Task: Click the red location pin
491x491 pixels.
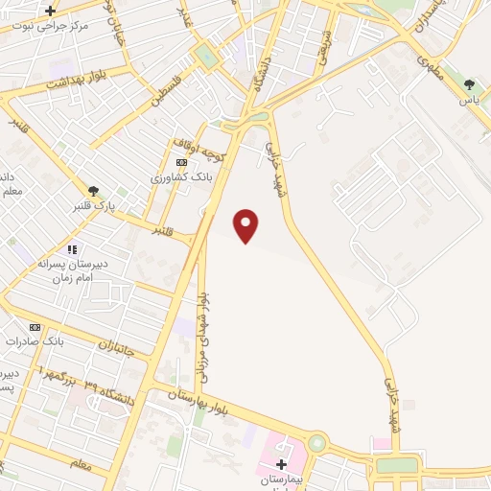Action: (246, 223)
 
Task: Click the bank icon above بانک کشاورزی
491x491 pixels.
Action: (181, 163)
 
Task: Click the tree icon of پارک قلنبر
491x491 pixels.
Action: (93, 191)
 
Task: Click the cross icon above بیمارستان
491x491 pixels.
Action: (281, 464)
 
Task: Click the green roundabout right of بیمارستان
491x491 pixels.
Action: (317, 444)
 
